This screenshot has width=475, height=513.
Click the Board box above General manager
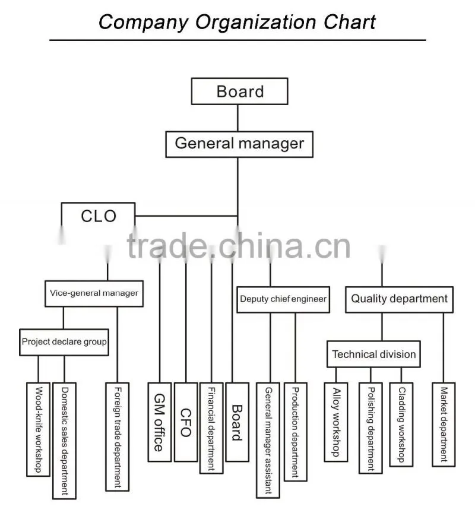[239, 91]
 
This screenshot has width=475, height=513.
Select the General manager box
[239, 144]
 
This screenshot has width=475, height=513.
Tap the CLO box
[98, 216]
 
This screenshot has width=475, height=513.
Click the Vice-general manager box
[94, 293]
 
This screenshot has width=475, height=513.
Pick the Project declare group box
[64, 342]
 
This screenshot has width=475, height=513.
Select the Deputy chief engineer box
[283, 300]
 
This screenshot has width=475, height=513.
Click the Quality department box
[399, 300]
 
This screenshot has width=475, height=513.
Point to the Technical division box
[373, 354]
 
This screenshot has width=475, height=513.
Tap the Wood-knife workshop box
[38, 429]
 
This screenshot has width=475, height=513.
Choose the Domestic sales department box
[65, 441]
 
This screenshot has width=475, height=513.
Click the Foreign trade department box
[117, 437]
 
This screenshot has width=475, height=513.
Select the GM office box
[160, 422]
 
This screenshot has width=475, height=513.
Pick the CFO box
[186, 422]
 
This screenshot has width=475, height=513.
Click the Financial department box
[211, 428]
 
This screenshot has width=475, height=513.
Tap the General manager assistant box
[268, 440]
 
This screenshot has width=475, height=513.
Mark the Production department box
[296, 432]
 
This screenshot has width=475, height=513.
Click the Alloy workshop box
[336, 422]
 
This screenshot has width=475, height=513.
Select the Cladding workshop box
[401, 425]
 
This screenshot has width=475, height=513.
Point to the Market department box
[444, 425]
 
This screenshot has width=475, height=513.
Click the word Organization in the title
[256, 23]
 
